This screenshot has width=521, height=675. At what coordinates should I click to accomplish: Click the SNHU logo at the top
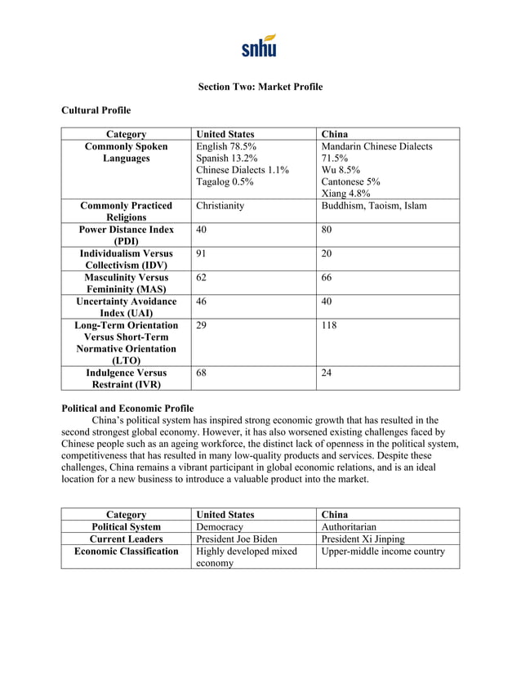pos(260,46)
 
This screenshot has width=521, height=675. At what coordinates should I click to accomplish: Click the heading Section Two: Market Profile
pos(260,87)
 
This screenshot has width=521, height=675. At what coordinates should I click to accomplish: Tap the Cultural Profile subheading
pos(96,110)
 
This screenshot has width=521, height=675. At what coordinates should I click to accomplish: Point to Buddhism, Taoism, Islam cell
pos(374,206)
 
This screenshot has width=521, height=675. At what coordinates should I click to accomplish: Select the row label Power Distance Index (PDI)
pos(126,236)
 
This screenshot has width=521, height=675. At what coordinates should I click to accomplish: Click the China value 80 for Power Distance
pos(327,230)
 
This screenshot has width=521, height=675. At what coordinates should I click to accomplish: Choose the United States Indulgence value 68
pos(203,373)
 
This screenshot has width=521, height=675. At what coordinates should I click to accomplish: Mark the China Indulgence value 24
pos(327,373)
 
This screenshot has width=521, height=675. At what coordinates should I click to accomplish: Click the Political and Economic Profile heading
pos(128,408)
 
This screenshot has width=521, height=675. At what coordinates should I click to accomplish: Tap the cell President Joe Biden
pos(237,539)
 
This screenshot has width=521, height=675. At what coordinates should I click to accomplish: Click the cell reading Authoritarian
pos(349,527)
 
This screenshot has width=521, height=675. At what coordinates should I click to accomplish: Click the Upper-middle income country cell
pos(384,552)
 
